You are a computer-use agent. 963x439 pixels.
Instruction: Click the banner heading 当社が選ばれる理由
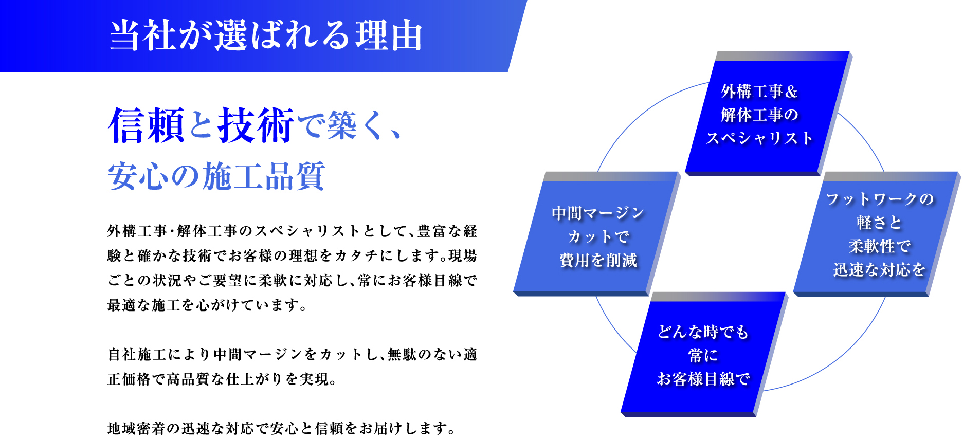point(266,35)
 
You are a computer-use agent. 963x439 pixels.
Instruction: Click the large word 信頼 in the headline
point(147,125)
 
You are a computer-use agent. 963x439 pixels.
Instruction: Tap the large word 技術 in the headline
point(256,125)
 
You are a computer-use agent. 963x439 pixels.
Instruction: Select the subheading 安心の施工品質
point(216,176)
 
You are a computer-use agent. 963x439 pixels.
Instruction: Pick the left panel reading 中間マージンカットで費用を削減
point(597,234)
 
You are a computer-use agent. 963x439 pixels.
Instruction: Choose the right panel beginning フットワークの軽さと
point(877,234)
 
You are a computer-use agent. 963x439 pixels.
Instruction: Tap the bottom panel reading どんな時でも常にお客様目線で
point(704,354)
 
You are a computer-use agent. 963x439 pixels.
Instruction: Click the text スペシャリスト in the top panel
point(759,138)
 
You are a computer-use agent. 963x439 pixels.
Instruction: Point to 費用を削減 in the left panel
point(598,260)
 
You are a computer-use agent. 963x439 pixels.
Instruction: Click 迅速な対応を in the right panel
point(879,269)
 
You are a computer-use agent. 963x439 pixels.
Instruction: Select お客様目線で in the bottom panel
point(703,379)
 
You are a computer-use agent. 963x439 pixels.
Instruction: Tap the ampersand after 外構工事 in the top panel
point(791,92)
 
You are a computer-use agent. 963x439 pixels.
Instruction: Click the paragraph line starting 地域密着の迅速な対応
point(281,428)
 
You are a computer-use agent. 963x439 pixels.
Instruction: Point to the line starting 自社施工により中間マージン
point(293,354)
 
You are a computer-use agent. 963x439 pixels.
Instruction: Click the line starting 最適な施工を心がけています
point(208,305)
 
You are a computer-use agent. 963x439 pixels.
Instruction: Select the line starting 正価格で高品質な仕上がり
point(222,379)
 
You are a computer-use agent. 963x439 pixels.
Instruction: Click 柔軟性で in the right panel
point(879,246)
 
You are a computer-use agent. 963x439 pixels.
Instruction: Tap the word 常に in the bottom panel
point(703,355)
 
